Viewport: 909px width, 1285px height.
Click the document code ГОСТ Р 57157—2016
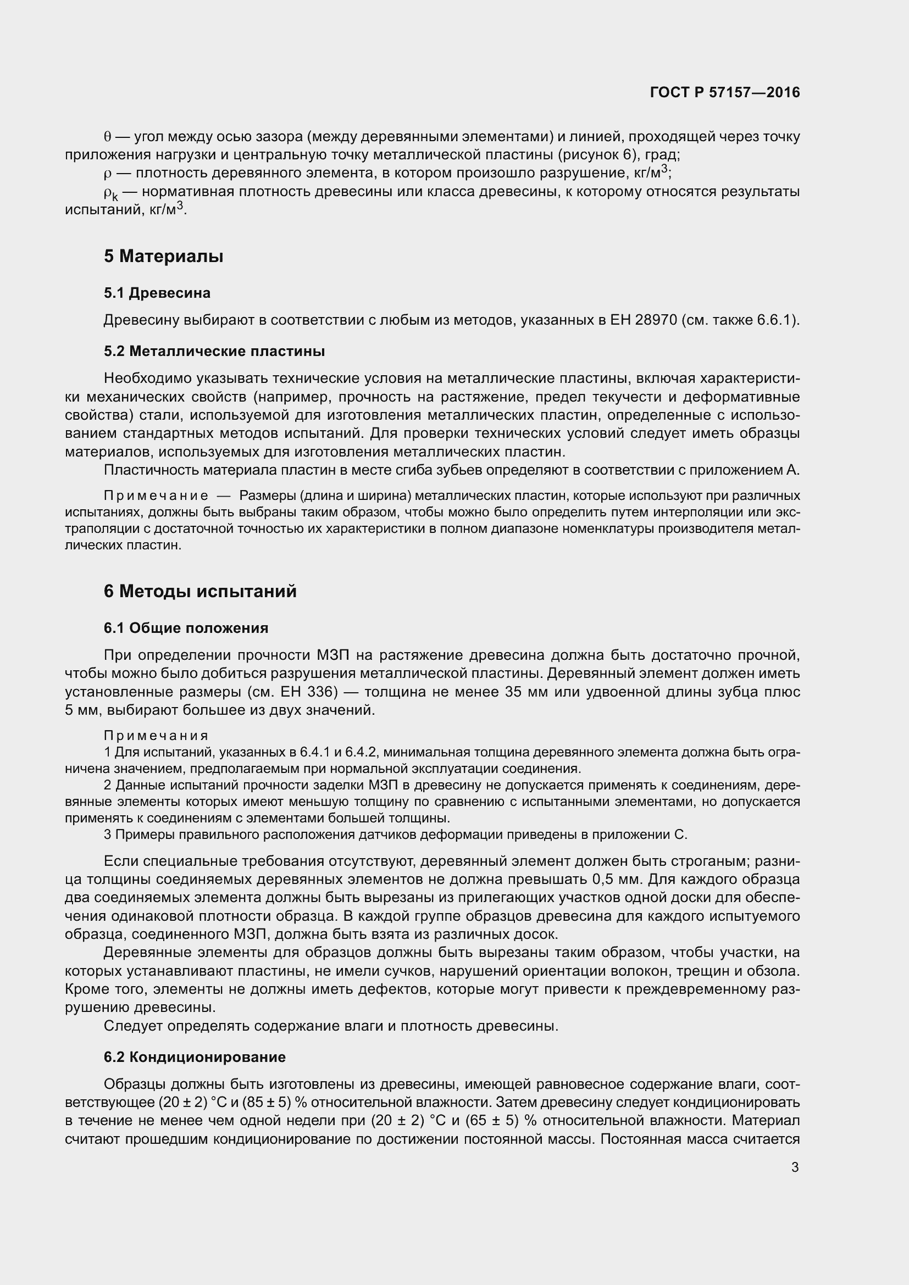[x=725, y=92]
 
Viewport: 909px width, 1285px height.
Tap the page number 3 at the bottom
[x=795, y=1167]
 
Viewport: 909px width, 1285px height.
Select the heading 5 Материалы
[x=163, y=257]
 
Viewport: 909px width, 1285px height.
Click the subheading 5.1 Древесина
[x=157, y=293]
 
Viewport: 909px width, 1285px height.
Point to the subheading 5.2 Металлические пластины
[x=214, y=351]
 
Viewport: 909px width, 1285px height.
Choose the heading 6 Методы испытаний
[x=200, y=592]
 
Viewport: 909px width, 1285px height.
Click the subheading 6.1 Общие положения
[x=186, y=628]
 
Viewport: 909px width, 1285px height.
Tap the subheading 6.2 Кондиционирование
[x=194, y=1057]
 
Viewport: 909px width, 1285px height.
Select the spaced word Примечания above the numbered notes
[x=156, y=736]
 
